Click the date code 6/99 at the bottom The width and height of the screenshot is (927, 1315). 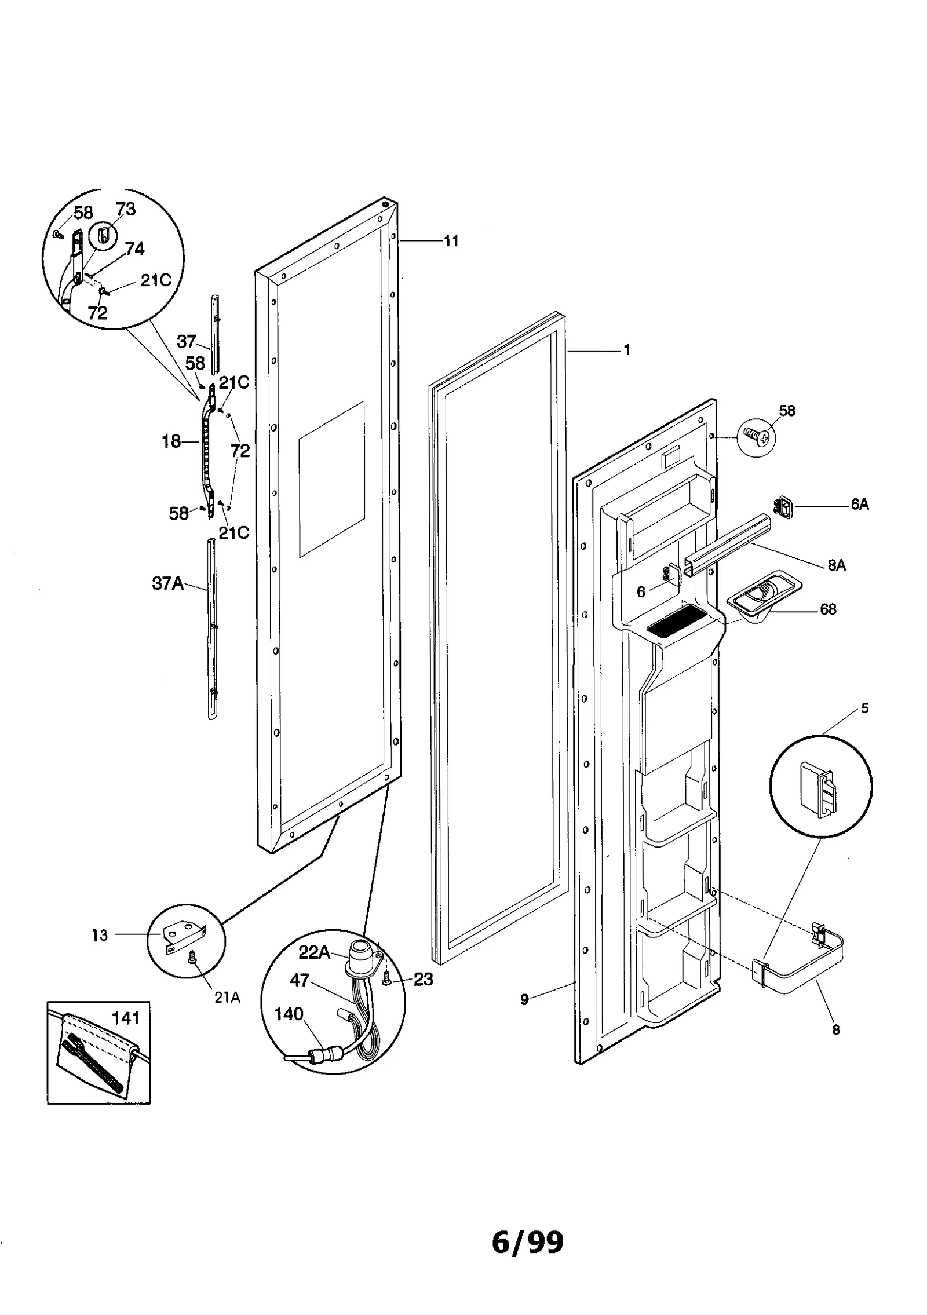click(527, 1242)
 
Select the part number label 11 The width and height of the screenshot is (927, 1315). click(451, 241)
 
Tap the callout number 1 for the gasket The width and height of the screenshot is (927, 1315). click(626, 350)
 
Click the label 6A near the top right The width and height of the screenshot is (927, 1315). click(859, 504)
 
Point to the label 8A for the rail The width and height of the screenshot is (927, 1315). click(836, 565)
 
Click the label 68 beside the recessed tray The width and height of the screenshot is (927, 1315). click(828, 609)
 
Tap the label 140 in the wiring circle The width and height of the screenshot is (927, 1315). click(289, 1014)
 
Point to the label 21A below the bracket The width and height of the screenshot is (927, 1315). click(227, 998)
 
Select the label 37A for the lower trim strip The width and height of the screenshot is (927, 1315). click(167, 583)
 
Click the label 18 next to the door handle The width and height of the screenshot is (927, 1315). click(171, 441)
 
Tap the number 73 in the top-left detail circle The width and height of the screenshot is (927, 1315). click(125, 209)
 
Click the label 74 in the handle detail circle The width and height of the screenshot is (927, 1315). click(134, 249)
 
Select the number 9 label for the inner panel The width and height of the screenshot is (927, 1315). click(524, 999)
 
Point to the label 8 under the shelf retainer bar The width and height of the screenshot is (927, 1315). click(835, 1029)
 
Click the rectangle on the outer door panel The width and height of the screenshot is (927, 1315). click(331, 478)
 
